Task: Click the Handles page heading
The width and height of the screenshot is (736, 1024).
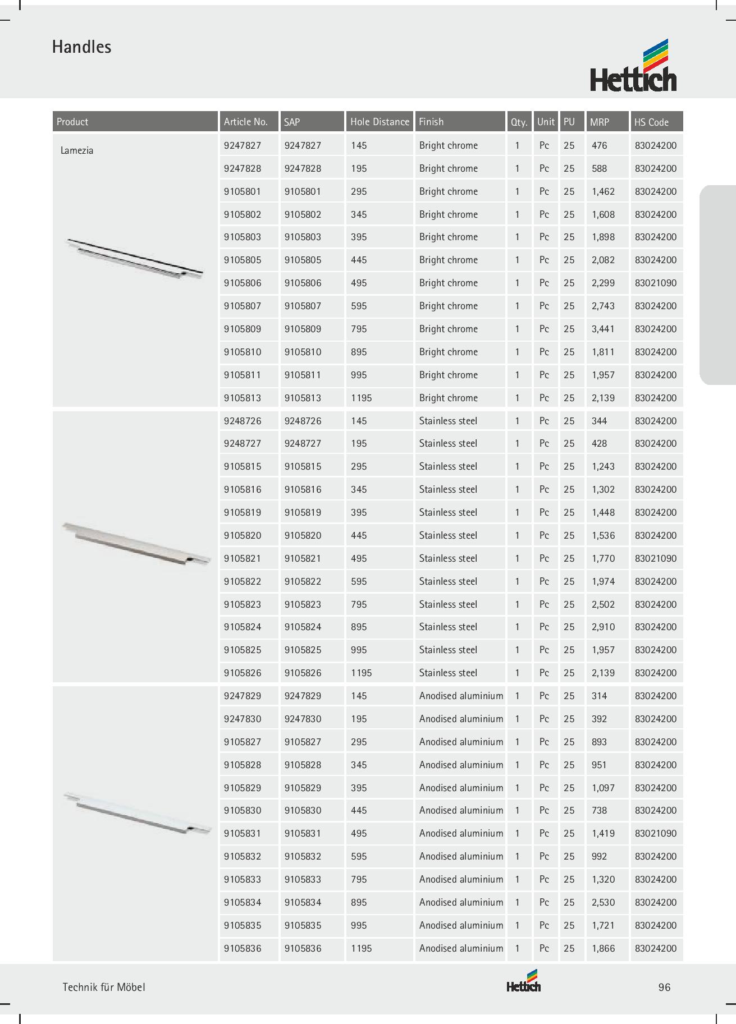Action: coord(81,47)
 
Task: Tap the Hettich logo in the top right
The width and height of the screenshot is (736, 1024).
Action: coord(633,66)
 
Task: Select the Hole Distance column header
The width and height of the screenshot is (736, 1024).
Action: coord(380,122)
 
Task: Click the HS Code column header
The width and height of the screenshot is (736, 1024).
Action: coord(651,122)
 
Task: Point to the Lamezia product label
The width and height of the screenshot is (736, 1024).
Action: coord(77,150)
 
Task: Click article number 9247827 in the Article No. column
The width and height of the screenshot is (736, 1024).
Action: coord(243,145)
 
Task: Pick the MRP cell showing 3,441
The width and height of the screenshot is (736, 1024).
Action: coord(603,329)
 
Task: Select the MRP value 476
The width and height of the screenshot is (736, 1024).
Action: coord(599,145)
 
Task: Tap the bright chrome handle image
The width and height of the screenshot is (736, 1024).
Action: coord(134,258)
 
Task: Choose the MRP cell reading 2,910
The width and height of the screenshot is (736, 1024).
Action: coord(603,627)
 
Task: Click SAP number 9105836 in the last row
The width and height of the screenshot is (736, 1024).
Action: coord(303,948)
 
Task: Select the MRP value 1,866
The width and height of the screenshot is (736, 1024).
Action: coord(603,948)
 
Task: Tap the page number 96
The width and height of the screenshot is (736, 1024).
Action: coord(664,987)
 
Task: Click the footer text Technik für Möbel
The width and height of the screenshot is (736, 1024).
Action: coord(104,987)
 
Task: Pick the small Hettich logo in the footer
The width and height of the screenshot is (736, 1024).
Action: coord(523,982)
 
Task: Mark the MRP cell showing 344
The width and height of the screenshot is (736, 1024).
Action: coord(599,421)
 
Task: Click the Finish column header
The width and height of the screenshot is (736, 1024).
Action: coord(431,122)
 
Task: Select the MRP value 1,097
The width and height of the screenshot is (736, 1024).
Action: coord(603,788)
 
